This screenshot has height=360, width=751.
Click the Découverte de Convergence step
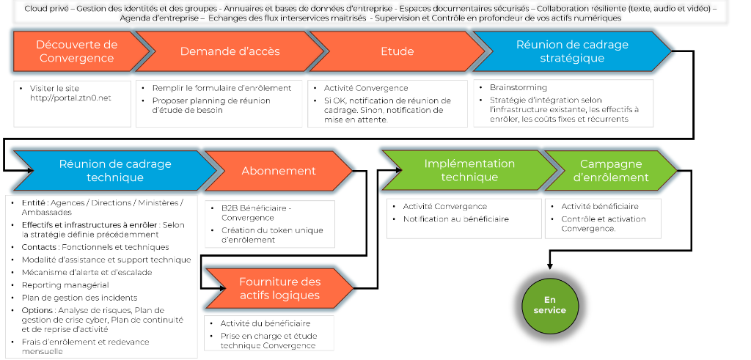(76, 51)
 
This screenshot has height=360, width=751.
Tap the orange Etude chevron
(397, 51)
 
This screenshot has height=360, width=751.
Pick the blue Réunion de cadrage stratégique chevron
(571, 51)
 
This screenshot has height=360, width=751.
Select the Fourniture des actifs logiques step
(279, 288)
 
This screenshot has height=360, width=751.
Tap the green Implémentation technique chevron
(469, 170)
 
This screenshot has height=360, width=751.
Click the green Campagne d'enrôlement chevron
(613, 170)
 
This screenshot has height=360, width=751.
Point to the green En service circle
(554, 305)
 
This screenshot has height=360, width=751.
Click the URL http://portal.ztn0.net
(70, 98)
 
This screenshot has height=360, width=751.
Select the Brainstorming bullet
(518, 87)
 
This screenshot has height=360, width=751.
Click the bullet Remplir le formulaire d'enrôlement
(221, 87)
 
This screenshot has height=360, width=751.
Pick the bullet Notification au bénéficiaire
(455, 218)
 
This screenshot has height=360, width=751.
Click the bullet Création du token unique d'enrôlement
(271, 235)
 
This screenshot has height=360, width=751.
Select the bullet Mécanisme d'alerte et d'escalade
(87, 272)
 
